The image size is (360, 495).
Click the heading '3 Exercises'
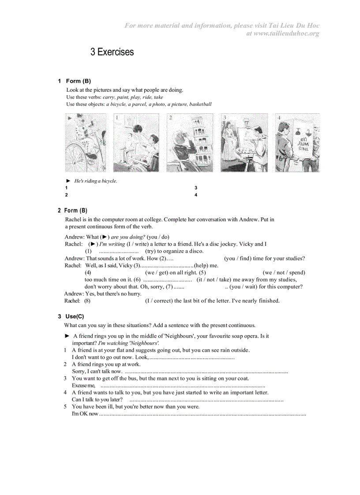(112, 52)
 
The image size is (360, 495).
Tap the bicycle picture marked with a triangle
(86, 142)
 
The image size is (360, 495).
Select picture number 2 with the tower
(190, 142)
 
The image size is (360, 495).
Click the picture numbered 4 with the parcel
(297, 142)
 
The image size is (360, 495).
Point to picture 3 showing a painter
(244, 142)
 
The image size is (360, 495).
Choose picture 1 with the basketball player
(136, 142)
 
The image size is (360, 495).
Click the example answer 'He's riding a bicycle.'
(96, 181)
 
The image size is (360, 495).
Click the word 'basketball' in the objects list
(200, 104)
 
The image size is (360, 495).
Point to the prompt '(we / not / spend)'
(284, 272)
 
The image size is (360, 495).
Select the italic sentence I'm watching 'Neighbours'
(128, 343)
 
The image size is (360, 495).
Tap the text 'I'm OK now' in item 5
(85, 413)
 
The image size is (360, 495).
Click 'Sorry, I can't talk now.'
(97, 371)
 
